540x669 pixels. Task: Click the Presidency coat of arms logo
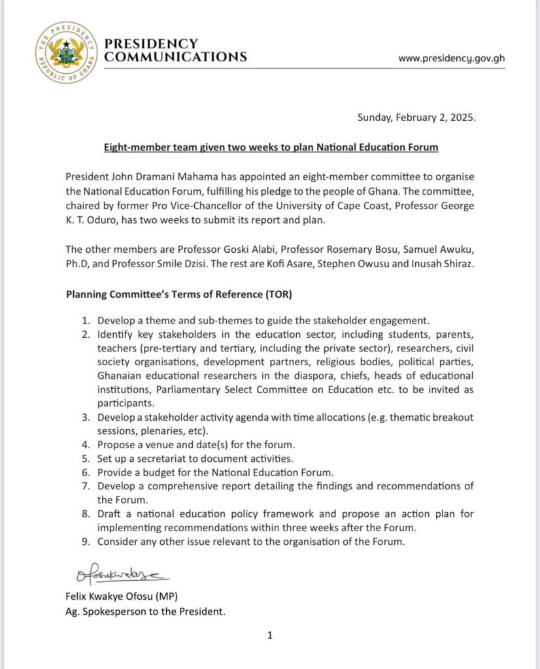click(x=66, y=53)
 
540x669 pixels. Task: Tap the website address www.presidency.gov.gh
click(x=452, y=57)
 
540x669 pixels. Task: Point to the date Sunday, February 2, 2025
click(x=416, y=118)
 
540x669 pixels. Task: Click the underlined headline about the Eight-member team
click(x=271, y=148)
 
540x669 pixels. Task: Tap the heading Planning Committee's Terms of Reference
click(x=179, y=294)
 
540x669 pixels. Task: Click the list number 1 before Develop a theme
click(x=85, y=321)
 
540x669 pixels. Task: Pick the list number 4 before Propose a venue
click(x=85, y=445)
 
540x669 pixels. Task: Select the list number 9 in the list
click(x=85, y=542)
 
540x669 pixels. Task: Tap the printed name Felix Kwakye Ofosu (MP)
click(x=121, y=596)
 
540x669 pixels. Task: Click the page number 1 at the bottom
click(x=270, y=635)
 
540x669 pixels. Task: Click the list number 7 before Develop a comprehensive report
click(x=85, y=486)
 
